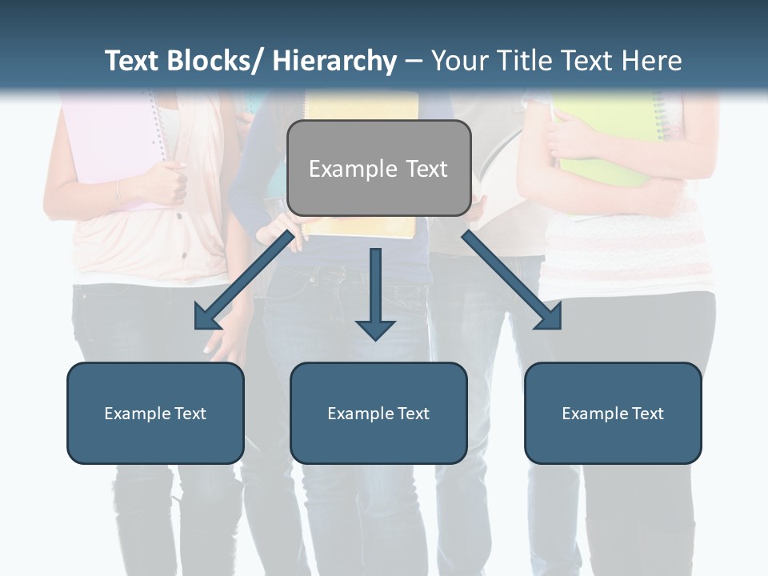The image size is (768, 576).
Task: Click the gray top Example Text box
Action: point(378,168)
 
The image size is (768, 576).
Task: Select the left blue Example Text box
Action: point(155,413)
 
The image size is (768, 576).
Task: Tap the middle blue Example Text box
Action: point(378,413)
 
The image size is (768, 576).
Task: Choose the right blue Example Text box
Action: point(613,413)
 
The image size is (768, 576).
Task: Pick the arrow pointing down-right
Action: point(512,280)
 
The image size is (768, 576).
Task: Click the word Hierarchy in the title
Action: point(334,61)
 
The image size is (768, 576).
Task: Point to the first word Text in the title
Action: point(133,61)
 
